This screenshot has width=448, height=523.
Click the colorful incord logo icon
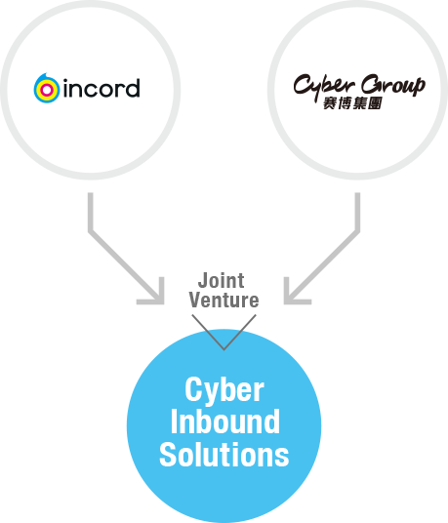pyautogui.click(x=47, y=89)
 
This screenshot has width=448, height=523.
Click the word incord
pyautogui.click(x=102, y=88)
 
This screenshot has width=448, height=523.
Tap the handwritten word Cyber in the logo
pyautogui.click(x=323, y=87)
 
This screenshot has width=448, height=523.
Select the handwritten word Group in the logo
pyautogui.click(x=393, y=85)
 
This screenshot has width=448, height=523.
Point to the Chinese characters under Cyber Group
pyautogui.click(x=352, y=103)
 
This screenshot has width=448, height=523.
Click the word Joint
pyautogui.click(x=222, y=280)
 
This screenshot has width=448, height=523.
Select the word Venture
pyautogui.click(x=224, y=300)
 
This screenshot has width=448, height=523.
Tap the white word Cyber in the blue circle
pyautogui.click(x=224, y=389)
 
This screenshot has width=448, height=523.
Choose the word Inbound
pyautogui.click(x=224, y=422)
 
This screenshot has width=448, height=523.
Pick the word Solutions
pyautogui.click(x=224, y=454)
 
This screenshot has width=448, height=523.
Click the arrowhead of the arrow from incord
pyautogui.click(x=154, y=295)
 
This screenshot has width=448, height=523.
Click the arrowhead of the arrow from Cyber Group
pyautogui.click(x=294, y=295)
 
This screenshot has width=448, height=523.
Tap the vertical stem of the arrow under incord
pyautogui.click(x=91, y=212)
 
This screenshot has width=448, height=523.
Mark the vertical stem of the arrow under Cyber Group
pyautogui.click(x=357, y=212)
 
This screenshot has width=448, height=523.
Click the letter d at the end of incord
pyautogui.click(x=133, y=88)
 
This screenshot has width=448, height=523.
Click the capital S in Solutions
pyautogui.click(x=167, y=455)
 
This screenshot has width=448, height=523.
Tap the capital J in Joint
pyautogui.click(x=203, y=281)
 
